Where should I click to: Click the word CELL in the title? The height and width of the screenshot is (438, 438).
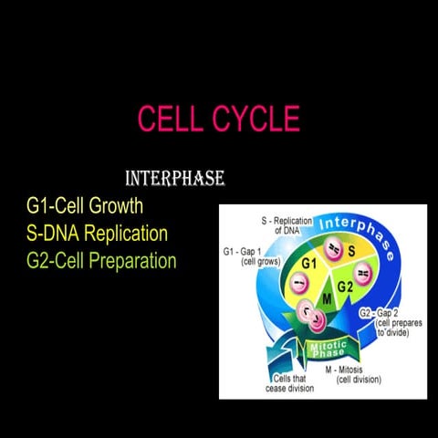click(x=171, y=120)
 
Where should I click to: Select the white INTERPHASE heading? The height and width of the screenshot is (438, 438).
click(x=174, y=178)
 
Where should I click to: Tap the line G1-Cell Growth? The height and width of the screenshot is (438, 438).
click(x=85, y=206)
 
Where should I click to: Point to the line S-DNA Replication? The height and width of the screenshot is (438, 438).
click(x=97, y=234)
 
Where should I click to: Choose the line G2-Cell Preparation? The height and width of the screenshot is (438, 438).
click(x=101, y=261)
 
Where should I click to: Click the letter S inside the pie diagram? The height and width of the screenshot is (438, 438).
click(x=351, y=250)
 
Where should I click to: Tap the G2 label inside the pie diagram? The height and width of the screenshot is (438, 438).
click(x=345, y=287)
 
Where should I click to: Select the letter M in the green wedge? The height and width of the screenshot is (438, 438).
click(x=328, y=298)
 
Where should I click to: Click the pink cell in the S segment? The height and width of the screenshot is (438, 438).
click(x=334, y=250)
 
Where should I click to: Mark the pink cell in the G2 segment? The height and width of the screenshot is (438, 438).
click(x=362, y=274)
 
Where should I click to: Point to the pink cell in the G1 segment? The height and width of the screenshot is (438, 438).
click(x=297, y=284)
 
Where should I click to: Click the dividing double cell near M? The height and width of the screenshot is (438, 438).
click(x=311, y=316)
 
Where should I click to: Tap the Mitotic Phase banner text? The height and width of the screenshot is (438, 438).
click(x=328, y=349)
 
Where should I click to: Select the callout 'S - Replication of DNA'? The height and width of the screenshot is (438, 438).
click(x=287, y=225)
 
